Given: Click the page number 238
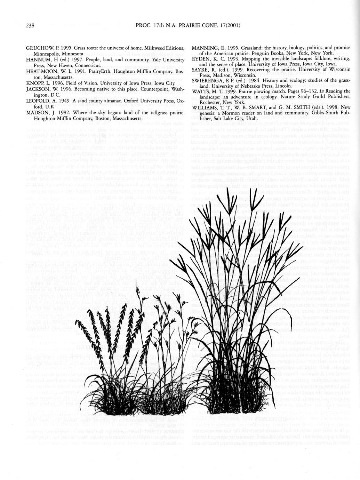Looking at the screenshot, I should click(x=30, y=25).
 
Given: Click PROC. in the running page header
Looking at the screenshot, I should click(x=143, y=25).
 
